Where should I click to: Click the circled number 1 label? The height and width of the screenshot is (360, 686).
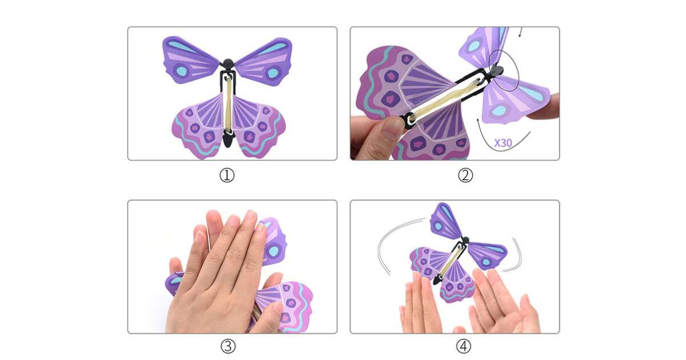pyautogui.click(x=227, y=175)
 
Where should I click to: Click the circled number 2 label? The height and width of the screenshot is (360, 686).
pyautogui.click(x=465, y=175)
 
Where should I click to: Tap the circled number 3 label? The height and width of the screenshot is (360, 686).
pyautogui.click(x=228, y=346)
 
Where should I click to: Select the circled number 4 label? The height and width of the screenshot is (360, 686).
pyautogui.click(x=464, y=346)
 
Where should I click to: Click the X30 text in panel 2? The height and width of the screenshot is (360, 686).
pyautogui.click(x=503, y=143)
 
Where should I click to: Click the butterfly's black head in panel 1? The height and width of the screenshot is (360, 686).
pyautogui.click(x=228, y=64)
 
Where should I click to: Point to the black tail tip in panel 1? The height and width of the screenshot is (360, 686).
pyautogui.click(x=228, y=145)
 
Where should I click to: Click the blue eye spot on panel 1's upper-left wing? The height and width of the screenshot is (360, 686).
pyautogui.click(x=181, y=71)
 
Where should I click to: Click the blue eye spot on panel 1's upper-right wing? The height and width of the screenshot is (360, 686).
pyautogui.click(x=273, y=73)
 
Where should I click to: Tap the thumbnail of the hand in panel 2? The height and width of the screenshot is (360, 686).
pyautogui.click(x=391, y=129)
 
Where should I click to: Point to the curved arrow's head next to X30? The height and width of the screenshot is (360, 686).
pyautogui.click(x=478, y=120)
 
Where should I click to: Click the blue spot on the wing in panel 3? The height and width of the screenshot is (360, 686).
pyautogui.click(x=273, y=251)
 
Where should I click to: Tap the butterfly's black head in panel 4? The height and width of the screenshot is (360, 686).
pyautogui.click(x=465, y=240)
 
